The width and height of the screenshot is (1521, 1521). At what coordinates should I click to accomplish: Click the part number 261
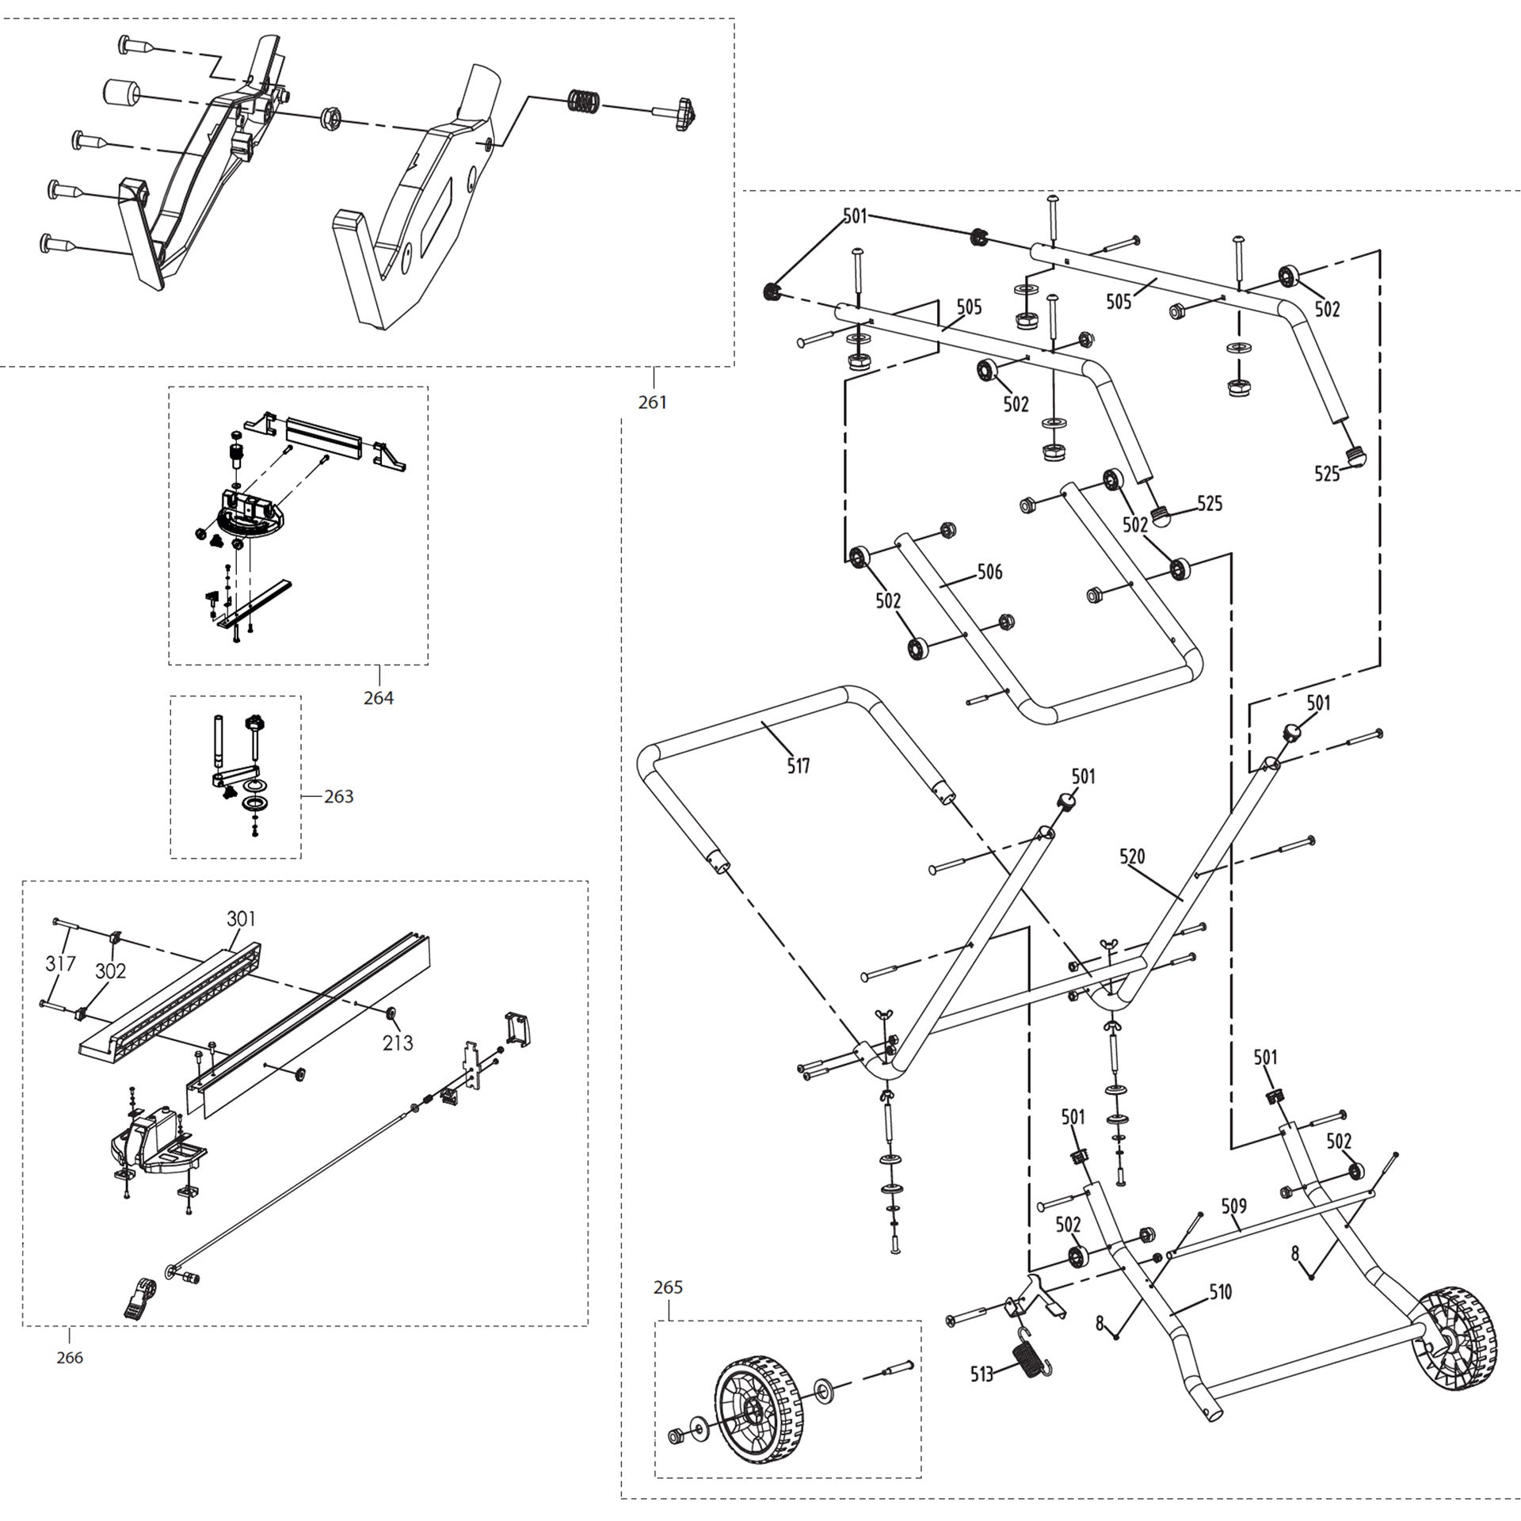[652, 402]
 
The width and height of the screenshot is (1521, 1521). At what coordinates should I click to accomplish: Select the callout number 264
[378, 698]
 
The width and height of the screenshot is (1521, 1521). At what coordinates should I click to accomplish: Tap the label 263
[338, 796]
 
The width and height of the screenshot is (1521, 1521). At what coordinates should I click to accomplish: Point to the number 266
[70, 1358]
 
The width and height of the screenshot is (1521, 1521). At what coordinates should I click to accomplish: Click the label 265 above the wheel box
[668, 1287]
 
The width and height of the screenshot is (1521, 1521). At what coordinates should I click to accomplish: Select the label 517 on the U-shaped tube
[799, 765]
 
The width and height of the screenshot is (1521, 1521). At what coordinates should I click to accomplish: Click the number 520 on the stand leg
[1132, 856]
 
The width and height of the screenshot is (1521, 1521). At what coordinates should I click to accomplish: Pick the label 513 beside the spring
[982, 1374]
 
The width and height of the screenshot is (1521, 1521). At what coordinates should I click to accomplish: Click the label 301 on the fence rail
[241, 918]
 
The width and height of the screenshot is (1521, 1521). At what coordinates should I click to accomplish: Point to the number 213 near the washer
[398, 1043]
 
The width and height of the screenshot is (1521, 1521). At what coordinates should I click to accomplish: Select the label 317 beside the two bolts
[60, 963]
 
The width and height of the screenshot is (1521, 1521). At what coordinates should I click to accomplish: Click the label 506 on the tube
[989, 571]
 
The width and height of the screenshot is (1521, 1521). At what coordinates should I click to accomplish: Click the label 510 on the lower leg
[1220, 1292]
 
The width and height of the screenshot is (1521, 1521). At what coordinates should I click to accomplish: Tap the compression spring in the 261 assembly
[585, 101]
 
